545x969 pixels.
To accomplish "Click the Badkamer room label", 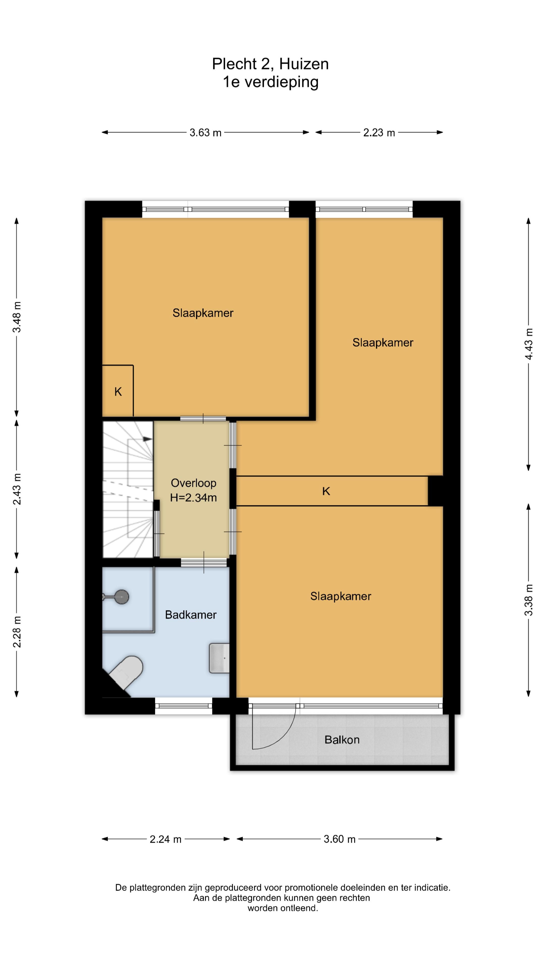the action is click(x=191, y=615).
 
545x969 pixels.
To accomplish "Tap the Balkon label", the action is click(x=342, y=740).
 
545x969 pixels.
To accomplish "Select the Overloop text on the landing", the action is click(x=193, y=483).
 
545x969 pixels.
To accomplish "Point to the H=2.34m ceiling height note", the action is click(x=193, y=498).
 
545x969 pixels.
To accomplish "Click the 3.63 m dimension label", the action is click(x=205, y=132).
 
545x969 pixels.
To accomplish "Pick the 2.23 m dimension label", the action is click(x=379, y=132).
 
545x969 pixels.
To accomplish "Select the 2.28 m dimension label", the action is click(x=17, y=632).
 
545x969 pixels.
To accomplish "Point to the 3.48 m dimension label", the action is click(x=17, y=317).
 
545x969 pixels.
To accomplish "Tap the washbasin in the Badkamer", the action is click(x=219, y=658).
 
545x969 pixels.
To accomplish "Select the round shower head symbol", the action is click(x=121, y=597).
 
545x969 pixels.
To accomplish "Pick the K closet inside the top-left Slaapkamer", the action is click(x=118, y=391).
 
